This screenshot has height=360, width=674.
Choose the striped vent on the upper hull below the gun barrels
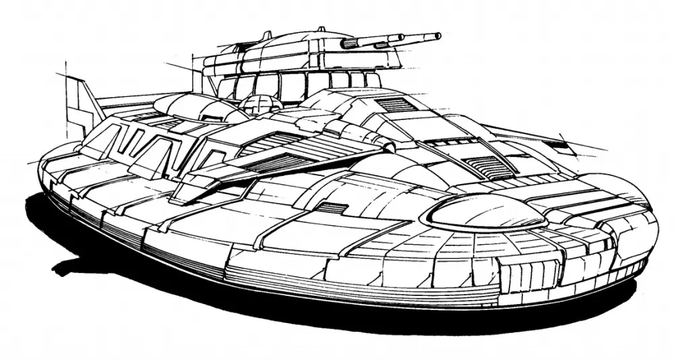pos(395,104)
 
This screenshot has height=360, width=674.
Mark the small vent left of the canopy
pos(332,208)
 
